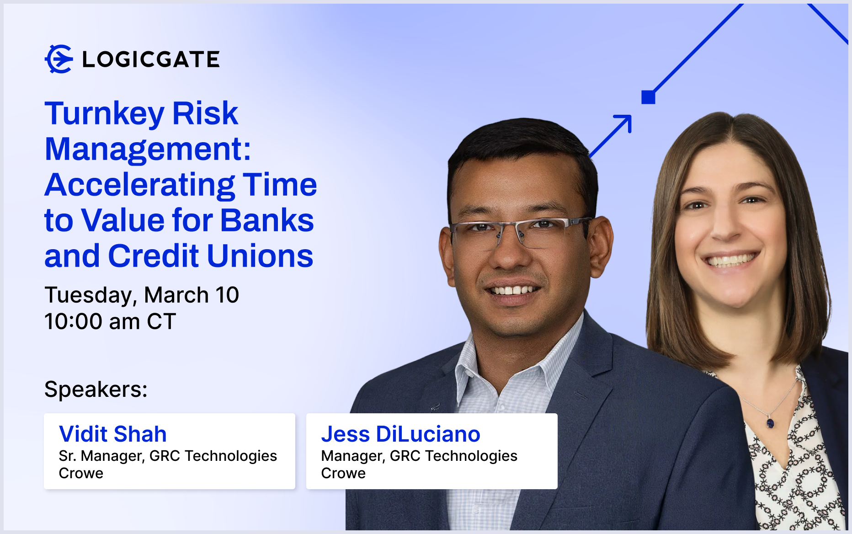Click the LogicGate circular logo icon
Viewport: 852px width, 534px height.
tap(59, 59)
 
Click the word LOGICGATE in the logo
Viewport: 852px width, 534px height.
tap(151, 59)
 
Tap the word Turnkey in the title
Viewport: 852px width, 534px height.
tap(104, 114)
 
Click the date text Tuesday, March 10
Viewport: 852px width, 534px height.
tap(142, 295)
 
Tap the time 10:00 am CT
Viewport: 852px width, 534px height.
tap(110, 321)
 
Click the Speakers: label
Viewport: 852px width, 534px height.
tap(96, 390)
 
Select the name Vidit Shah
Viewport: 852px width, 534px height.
tap(113, 434)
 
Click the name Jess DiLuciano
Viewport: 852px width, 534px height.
tap(400, 434)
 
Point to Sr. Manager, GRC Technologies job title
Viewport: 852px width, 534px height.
tap(168, 456)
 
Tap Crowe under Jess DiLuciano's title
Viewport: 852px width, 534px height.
tap(343, 473)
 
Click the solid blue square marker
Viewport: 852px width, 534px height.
tap(648, 97)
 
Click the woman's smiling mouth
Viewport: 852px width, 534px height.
tap(730, 260)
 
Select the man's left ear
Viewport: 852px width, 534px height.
tap(599, 247)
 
